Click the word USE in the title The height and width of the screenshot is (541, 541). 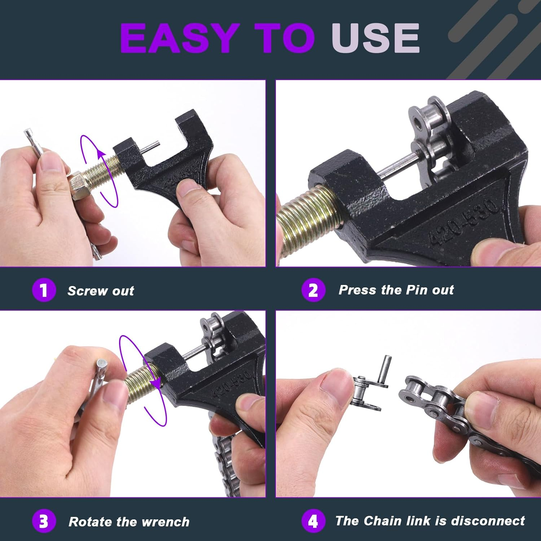[x=375, y=38]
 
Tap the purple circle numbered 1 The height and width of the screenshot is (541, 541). [x=44, y=290]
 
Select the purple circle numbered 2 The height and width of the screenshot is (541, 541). [x=313, y=290]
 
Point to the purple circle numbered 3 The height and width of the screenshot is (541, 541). [x=44, y=521]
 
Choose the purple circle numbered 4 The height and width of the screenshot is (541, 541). [x=313, y=521]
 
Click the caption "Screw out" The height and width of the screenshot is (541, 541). [x=101, y=291]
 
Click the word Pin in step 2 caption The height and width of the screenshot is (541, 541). [x=417, y=290]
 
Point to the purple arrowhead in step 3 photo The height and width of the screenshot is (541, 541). [x=156, y=383]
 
